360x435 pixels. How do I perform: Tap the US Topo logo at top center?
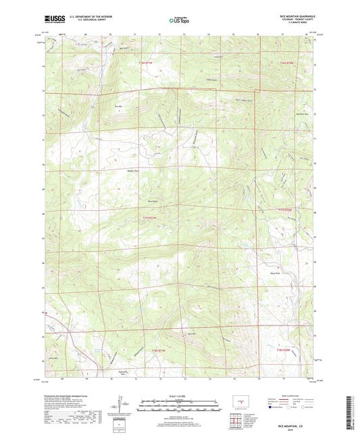(x=180, y=21)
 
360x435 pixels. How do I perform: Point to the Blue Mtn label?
(x=119, y=106)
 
